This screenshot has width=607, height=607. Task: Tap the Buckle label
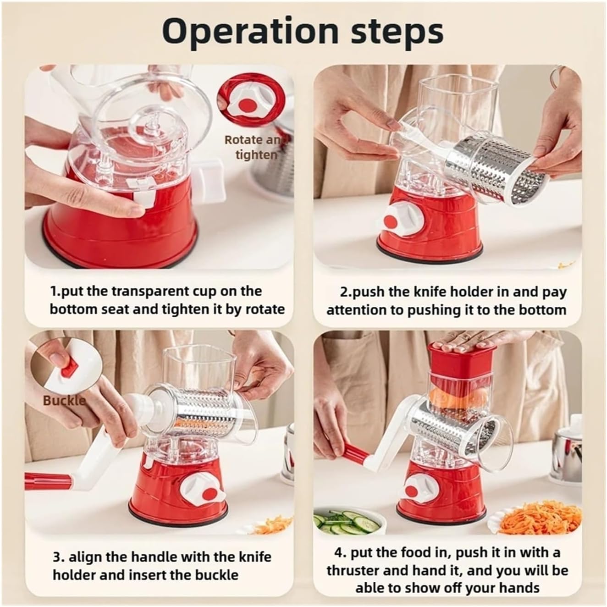click(64, 400)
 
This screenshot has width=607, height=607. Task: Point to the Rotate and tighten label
click(256, 147)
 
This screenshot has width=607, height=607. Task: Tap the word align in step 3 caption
click(86, 557)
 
